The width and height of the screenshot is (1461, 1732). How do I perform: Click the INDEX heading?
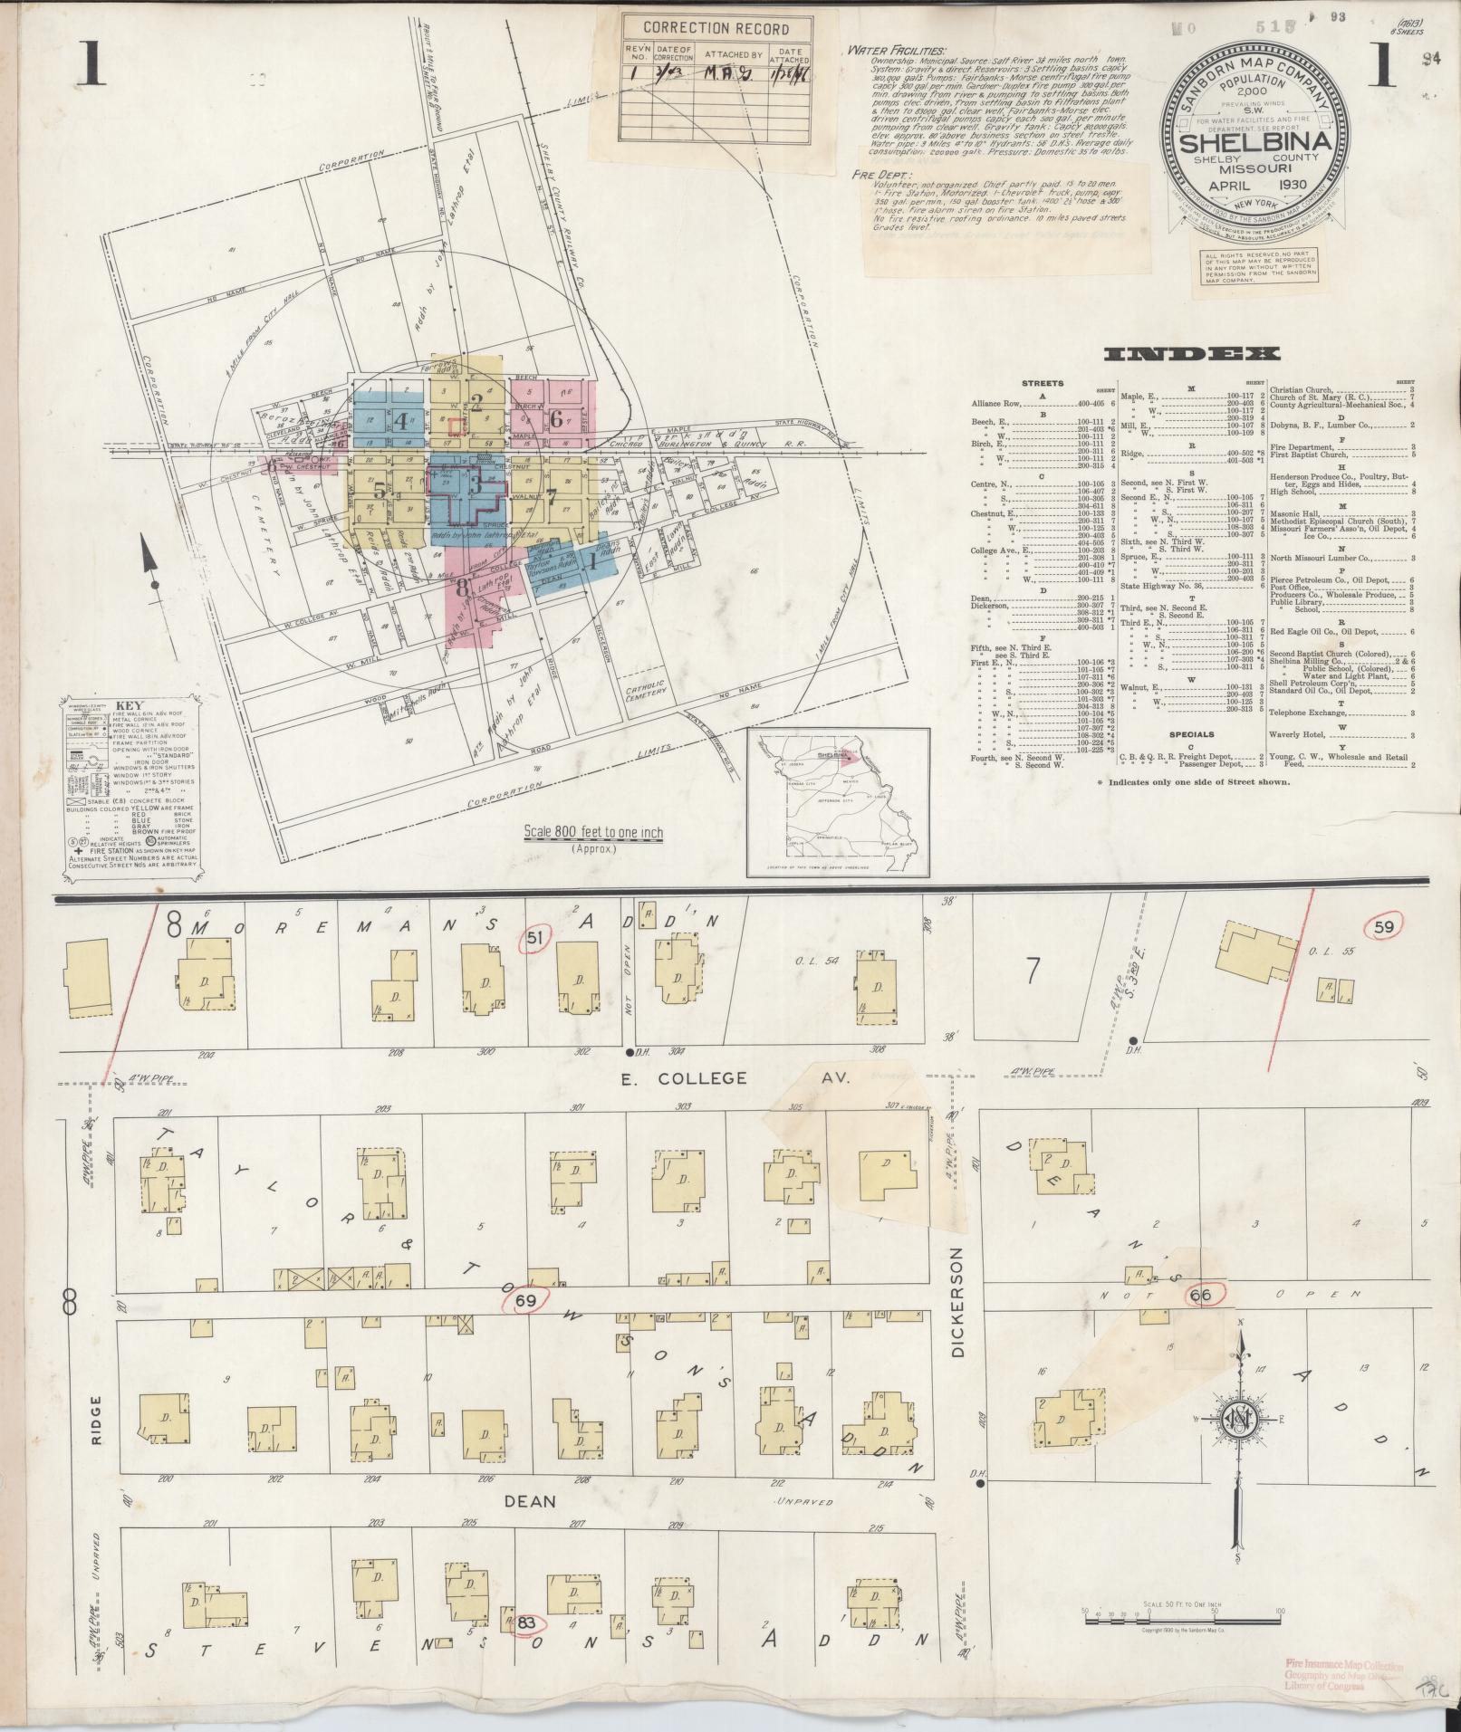(1188, 355)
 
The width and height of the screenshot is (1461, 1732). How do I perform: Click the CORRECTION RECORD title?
(716, 28)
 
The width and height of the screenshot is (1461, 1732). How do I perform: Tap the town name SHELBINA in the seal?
(1254, 143)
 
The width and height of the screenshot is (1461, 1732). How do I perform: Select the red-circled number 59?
(1383, 927)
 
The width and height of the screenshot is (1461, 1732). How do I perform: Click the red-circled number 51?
(534, 940)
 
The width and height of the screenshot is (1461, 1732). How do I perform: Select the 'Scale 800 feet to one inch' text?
(592, 833)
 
